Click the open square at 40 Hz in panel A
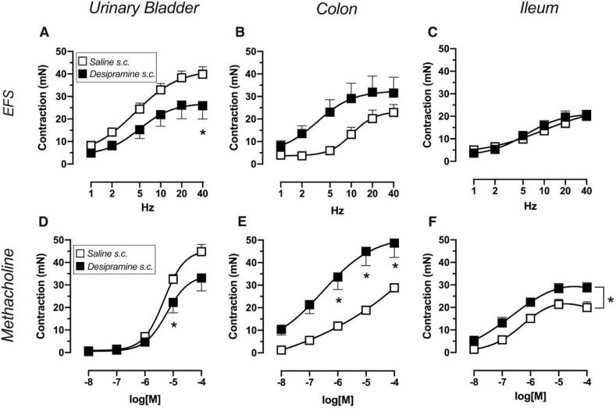tap(202, 74)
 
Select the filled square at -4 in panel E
tap(393, 243)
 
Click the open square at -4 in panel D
tap(201, 251)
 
